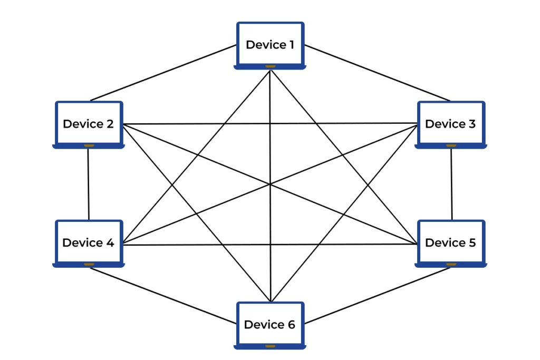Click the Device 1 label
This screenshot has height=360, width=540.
point(270,45)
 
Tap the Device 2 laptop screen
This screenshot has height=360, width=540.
point(89,123)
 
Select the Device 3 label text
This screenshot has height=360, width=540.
point(450,124)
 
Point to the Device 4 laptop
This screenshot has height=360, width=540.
point(89,243)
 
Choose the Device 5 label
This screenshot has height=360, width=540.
point(450,242)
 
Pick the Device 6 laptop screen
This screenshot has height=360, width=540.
point(270,324)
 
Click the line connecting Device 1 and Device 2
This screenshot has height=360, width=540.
point(163,73)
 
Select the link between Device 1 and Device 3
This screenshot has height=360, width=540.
point(377,73)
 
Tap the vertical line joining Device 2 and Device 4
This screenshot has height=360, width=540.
point(89,184)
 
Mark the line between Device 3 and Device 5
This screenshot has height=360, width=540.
point(451,184)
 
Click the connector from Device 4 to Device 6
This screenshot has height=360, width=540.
point(163,296)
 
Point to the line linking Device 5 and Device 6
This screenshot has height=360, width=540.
point(377,296)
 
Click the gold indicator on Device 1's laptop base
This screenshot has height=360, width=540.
point(271,66)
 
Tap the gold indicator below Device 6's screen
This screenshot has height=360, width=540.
point(271,346)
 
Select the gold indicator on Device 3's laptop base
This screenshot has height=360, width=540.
point(451,145)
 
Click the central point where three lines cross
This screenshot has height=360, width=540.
point(270,184)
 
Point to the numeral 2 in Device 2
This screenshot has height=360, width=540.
point(110,124)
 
